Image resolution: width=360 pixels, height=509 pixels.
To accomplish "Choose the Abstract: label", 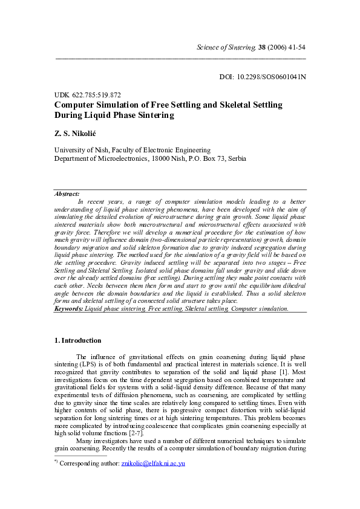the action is tap(67, 194).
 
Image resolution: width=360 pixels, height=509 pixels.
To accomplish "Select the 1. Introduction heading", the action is tap(78, 341).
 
